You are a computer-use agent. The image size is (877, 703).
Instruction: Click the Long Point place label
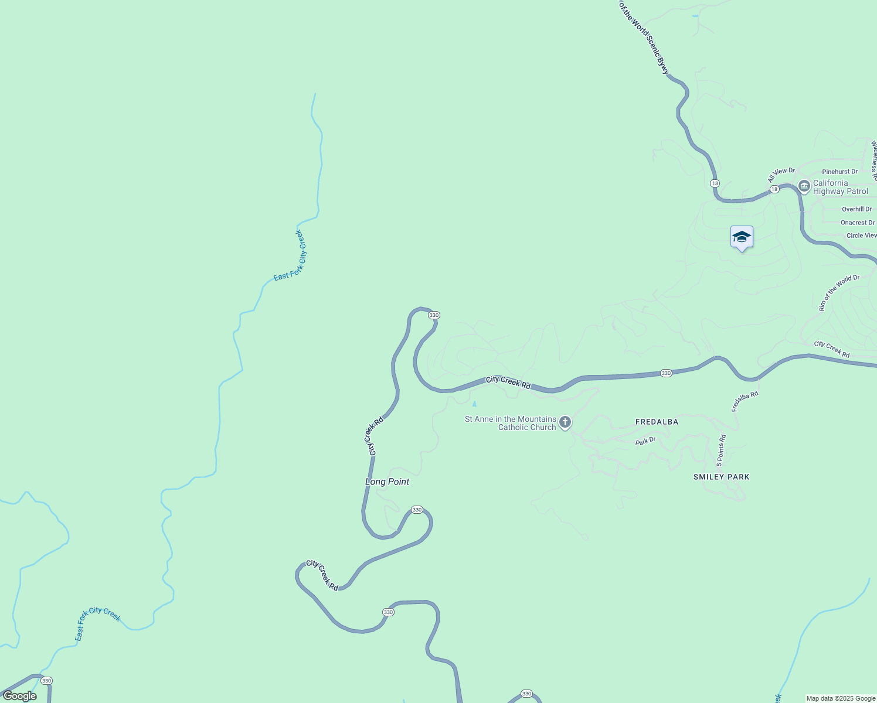(x=387, y=482)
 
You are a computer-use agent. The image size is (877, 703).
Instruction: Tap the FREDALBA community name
(x=657, y=422)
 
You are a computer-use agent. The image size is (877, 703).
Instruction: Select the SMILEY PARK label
(x=721, y=477)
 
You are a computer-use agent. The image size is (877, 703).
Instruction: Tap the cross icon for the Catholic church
(x=565, y=422)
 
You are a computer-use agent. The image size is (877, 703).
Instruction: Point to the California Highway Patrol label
(x=840, y=187)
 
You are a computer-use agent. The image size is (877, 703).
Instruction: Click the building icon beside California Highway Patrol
(x=804, y=187)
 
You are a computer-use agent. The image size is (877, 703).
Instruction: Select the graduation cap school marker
(x=742, y=237)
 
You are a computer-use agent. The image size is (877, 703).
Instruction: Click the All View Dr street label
(x=781, y=175)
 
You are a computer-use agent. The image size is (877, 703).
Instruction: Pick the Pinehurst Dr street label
(x=839, y=172)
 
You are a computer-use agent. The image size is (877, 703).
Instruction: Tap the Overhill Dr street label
(x=856, y=209)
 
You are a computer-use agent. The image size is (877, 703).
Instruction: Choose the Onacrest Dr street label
(x=857, y=223)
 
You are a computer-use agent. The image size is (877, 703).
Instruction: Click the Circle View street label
(x=861, y=236)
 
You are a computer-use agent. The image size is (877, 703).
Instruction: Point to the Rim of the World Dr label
(x=838, y=292)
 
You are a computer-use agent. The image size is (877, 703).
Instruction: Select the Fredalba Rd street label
(x=745, y=401)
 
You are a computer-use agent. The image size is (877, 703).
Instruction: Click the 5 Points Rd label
(x=721, y=449)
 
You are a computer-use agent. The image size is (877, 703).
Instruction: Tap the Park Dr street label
(x=645, y=441)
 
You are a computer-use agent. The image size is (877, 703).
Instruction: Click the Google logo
(x=19, y=696)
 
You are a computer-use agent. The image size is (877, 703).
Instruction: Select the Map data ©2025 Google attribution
(x=841, y=698)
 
